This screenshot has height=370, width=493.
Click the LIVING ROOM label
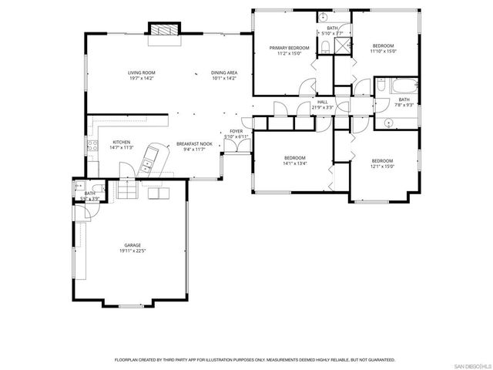tap(142, 72)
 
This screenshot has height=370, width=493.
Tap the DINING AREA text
tap(223, 72)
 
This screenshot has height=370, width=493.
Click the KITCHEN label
tap(122, 142)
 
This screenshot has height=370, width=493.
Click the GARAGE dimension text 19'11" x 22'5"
tap(132, 251)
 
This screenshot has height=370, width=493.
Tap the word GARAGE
tap(132, 244)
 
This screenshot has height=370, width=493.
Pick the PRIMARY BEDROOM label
tap(289, 48)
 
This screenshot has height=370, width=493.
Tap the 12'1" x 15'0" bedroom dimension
tap(382, 166)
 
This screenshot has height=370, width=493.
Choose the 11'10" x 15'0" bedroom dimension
tap(383, 52)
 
